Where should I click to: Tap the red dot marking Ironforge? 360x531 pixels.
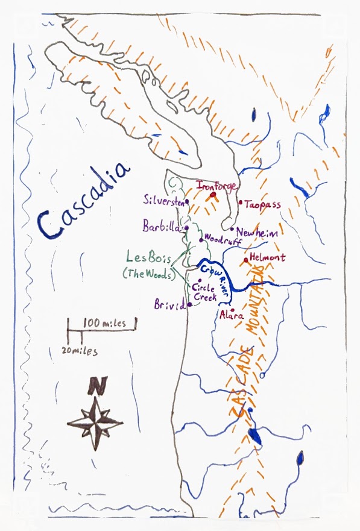(x=212, y=195)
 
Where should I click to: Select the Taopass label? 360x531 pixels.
(x=262, y=205)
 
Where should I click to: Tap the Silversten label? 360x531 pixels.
(x=163, y=199)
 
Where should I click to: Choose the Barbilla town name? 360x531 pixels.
(x=161, y=227)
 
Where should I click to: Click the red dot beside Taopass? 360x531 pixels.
(x=240, y=203)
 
